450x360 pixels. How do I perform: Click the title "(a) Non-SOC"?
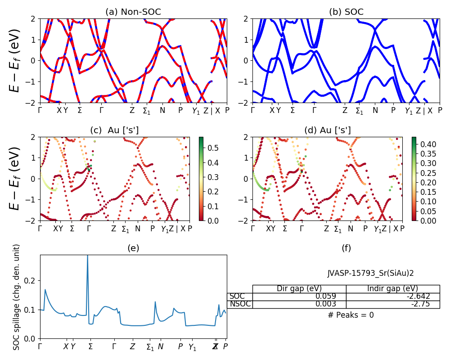click(133, 12)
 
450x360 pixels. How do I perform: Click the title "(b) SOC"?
click(346, 12)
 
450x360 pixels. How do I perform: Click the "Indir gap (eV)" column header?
click(392, 289)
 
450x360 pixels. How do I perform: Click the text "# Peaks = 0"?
click(351, 315)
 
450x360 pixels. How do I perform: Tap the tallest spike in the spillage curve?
click(87, 256)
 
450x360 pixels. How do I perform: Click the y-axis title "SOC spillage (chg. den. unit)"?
click(17, 297)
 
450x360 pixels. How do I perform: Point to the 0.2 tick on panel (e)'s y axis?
click(31, 281)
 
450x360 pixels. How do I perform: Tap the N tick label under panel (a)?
click(162, 110)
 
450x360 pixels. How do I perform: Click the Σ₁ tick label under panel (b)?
click(359, 111)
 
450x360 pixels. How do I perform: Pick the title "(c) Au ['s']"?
click(114, 130)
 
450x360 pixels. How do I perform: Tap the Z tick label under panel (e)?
click(132, 347)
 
